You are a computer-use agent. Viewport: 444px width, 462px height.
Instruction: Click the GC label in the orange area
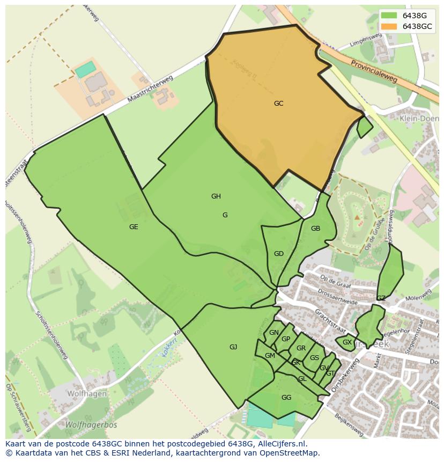tap(278, 104)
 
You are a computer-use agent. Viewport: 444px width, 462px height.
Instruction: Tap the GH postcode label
tap(216, 196)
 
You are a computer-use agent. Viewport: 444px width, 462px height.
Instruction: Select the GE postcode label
tap(134, 227)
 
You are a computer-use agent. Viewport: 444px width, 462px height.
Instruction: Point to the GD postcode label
tap(278, 254)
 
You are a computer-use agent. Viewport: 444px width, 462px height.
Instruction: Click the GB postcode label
tap(315, 229)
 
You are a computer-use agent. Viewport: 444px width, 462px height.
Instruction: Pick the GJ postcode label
tap(233, 347)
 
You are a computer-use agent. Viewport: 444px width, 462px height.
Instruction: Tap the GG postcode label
tap(286, 398)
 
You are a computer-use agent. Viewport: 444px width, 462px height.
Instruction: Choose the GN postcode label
tap(274, 333)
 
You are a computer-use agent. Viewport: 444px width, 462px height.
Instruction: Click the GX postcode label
tap(347, 342)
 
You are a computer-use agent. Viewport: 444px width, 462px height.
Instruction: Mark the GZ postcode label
tap(381, 298)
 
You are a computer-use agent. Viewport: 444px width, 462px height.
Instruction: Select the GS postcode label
tap(314, 358)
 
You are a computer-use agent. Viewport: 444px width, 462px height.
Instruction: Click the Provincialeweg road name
tap(374, 71)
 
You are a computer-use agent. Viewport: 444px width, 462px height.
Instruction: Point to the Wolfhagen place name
tap(86, 393)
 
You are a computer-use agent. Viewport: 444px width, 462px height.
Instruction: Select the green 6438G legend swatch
tap(389, 16)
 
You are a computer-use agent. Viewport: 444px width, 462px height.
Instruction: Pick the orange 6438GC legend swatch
tap(389, 26)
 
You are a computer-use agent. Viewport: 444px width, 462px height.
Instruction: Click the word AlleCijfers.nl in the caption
tap(281, 444)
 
